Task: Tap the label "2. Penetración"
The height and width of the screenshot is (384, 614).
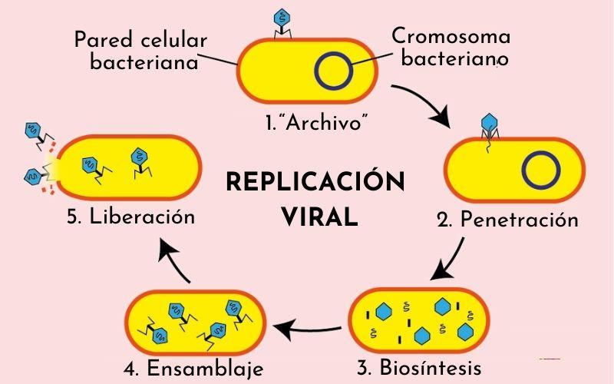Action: [x=507, y=220]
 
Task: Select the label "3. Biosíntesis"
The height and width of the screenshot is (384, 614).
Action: [x=420, y=367]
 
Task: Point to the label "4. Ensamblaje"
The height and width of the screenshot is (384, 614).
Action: [x=193, y=368]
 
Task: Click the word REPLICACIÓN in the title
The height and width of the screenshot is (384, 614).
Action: [x=315, y=184]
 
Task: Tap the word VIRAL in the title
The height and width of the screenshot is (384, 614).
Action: [x=319, y=217]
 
